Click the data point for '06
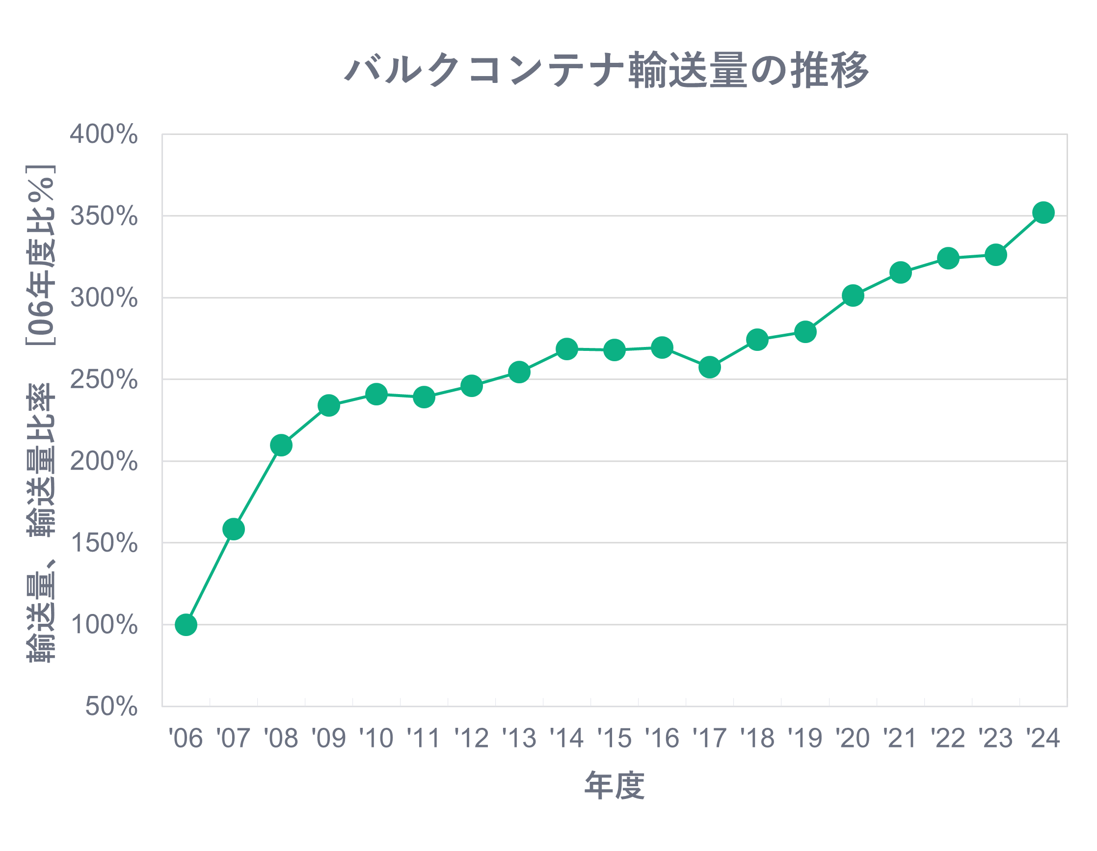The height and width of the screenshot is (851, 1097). point(186,625)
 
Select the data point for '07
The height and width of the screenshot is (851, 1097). point(234,529)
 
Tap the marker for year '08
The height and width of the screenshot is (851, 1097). point(281,445)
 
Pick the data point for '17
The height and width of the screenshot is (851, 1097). point(710,367)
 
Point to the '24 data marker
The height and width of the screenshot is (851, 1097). point(1043,213)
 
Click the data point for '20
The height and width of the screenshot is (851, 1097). point(853,295)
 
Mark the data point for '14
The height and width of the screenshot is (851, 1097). point(567,348)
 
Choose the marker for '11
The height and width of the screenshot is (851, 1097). point(424,398)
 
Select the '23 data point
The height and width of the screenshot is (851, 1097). point(995,255)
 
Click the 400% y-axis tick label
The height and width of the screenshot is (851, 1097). point(104,134)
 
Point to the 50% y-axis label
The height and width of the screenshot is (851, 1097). point(111,706)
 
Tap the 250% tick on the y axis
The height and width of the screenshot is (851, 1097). point(104,379)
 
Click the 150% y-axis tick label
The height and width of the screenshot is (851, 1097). point(104,543)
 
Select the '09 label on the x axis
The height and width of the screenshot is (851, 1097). point(328,738)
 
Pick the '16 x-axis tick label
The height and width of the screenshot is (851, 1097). point(662,738)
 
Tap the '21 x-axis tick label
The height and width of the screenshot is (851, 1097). point(900,738)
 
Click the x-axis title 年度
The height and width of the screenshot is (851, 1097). point(615,786)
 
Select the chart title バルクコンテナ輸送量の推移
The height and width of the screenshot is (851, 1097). point(607,70)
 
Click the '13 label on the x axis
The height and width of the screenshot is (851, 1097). point(519,738)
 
